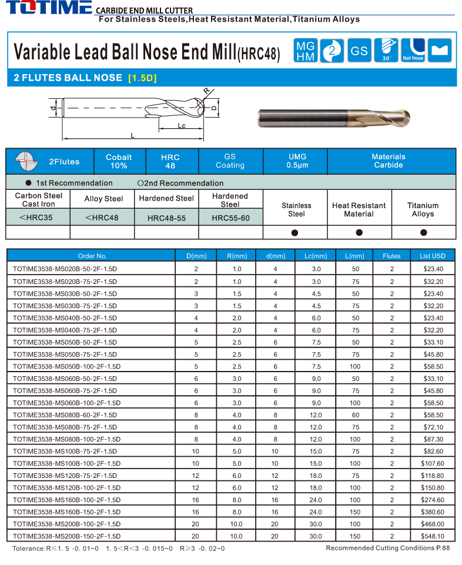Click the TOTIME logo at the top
pos(47,8)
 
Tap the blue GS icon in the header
pos(359,51)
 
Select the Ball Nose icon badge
pos(413,51)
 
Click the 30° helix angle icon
pos(386,51)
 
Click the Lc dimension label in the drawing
pos(182,126)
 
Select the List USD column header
pos(433,256)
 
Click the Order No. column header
pos(92,256)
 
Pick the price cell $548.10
pos(433,536)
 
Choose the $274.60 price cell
pos(433,500)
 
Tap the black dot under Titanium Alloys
pos(423,233)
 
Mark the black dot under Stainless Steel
pos(295,233)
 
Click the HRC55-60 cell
pos(230,218)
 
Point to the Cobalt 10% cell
pos(119,161)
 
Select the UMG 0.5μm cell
pos(297,161)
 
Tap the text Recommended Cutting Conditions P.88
pos(387,548)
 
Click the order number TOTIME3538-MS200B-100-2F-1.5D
pos(66,524)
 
